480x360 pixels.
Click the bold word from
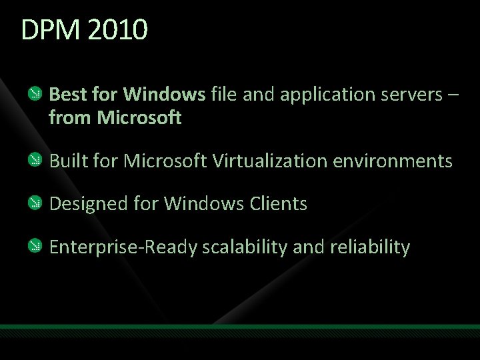coord(70,119)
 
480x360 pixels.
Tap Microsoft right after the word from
coord(139,119)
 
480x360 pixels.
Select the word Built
coord(66,161)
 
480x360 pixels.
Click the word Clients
coord(277,204)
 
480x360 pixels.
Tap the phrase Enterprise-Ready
coord(123,248)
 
